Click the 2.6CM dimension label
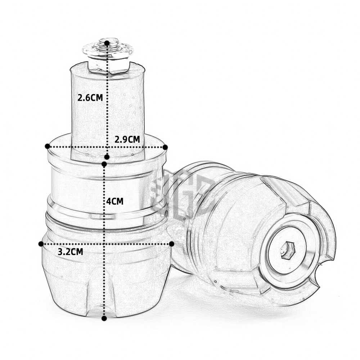(90, 98)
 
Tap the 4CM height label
(115, 201)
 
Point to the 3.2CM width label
(71, 252)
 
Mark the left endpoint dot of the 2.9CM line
(47, 146)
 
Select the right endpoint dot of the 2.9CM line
(165, 147)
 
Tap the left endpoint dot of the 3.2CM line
(41, 244)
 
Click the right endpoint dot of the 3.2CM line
(172, 244)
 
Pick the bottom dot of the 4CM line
(104, 318)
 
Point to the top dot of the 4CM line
(104, 164)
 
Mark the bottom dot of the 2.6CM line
(107, 157)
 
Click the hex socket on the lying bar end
(287, 250)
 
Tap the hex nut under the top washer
(108, 66)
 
